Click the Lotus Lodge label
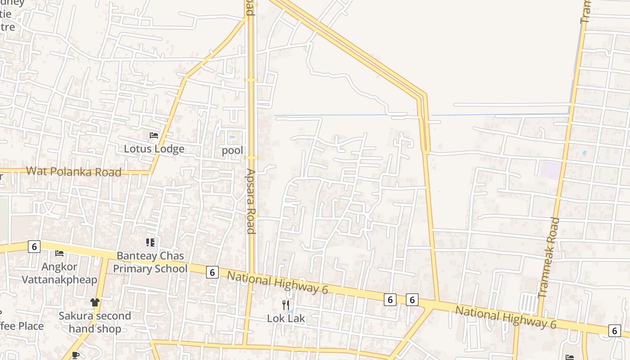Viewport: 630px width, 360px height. tap(154, 149)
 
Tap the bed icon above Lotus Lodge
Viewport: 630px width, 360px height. tap(154, 135)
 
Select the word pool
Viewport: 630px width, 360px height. tap(232, 150)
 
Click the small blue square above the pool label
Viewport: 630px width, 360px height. tap(232, 137)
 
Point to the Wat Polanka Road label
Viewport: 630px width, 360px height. tap(74, 171)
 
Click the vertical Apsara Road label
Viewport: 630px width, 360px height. tap(251, 201)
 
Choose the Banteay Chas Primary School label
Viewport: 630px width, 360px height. tap(150, 262)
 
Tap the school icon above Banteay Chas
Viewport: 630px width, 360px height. tap(150, 243)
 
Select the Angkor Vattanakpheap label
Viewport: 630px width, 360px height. tap(59, 273)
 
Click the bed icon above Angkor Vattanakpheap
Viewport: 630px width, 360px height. tap(59, 253)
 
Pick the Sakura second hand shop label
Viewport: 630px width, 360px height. tap(95, 322)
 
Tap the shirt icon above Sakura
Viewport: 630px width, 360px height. tap(94, 302)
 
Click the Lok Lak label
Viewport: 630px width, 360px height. tap(286, 319)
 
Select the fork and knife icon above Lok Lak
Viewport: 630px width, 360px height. tap(285, 305)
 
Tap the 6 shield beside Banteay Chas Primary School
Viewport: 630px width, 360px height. tap(212, 272)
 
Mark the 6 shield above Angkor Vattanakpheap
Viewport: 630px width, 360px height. tap(34, 246)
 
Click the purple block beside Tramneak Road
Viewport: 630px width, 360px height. tap(551, 169)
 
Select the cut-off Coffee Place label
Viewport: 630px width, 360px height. tap(22, 326)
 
